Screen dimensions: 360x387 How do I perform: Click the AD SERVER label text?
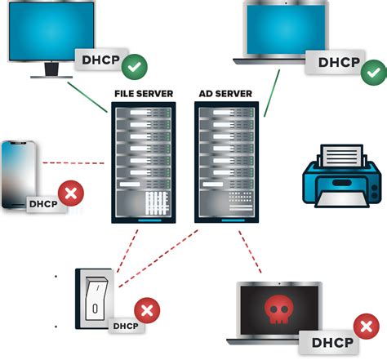225,94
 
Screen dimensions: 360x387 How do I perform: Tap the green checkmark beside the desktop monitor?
135,63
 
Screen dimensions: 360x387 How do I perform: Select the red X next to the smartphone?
73,193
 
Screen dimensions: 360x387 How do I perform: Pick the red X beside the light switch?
146,309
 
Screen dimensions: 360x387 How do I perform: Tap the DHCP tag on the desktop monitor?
99,60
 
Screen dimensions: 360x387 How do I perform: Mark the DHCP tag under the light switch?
126,326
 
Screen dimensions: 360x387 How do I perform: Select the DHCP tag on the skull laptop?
331,343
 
